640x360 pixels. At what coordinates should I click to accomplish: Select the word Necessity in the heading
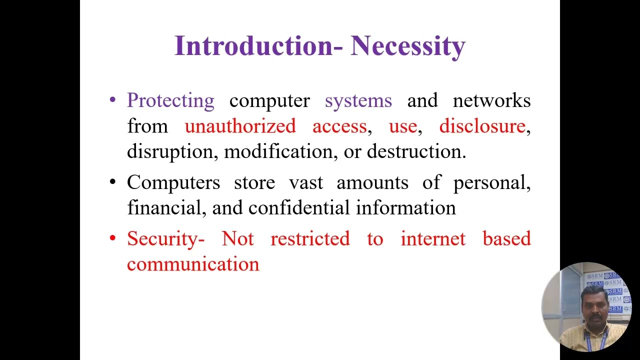point(408,46)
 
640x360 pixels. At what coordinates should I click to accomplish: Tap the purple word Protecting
point(170,100)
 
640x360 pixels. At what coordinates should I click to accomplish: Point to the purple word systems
point(358,100)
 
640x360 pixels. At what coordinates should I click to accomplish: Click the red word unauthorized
point(240,126)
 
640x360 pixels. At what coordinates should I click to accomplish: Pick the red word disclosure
point(482,126)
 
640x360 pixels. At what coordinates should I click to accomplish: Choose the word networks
point(491,100)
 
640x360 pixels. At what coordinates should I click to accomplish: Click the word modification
point(278,151)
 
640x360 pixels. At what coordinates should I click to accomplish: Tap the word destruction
point(416,151)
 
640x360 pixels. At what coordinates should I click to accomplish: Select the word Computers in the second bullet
point(173,182)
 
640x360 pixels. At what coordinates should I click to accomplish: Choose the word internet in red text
point(432,239)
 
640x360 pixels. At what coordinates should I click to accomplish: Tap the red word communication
point(193,264)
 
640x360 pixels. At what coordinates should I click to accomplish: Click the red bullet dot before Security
point(112,239)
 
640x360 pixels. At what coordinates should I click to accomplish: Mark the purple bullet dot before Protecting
point(112,100)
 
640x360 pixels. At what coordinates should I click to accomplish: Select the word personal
point(491,182)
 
